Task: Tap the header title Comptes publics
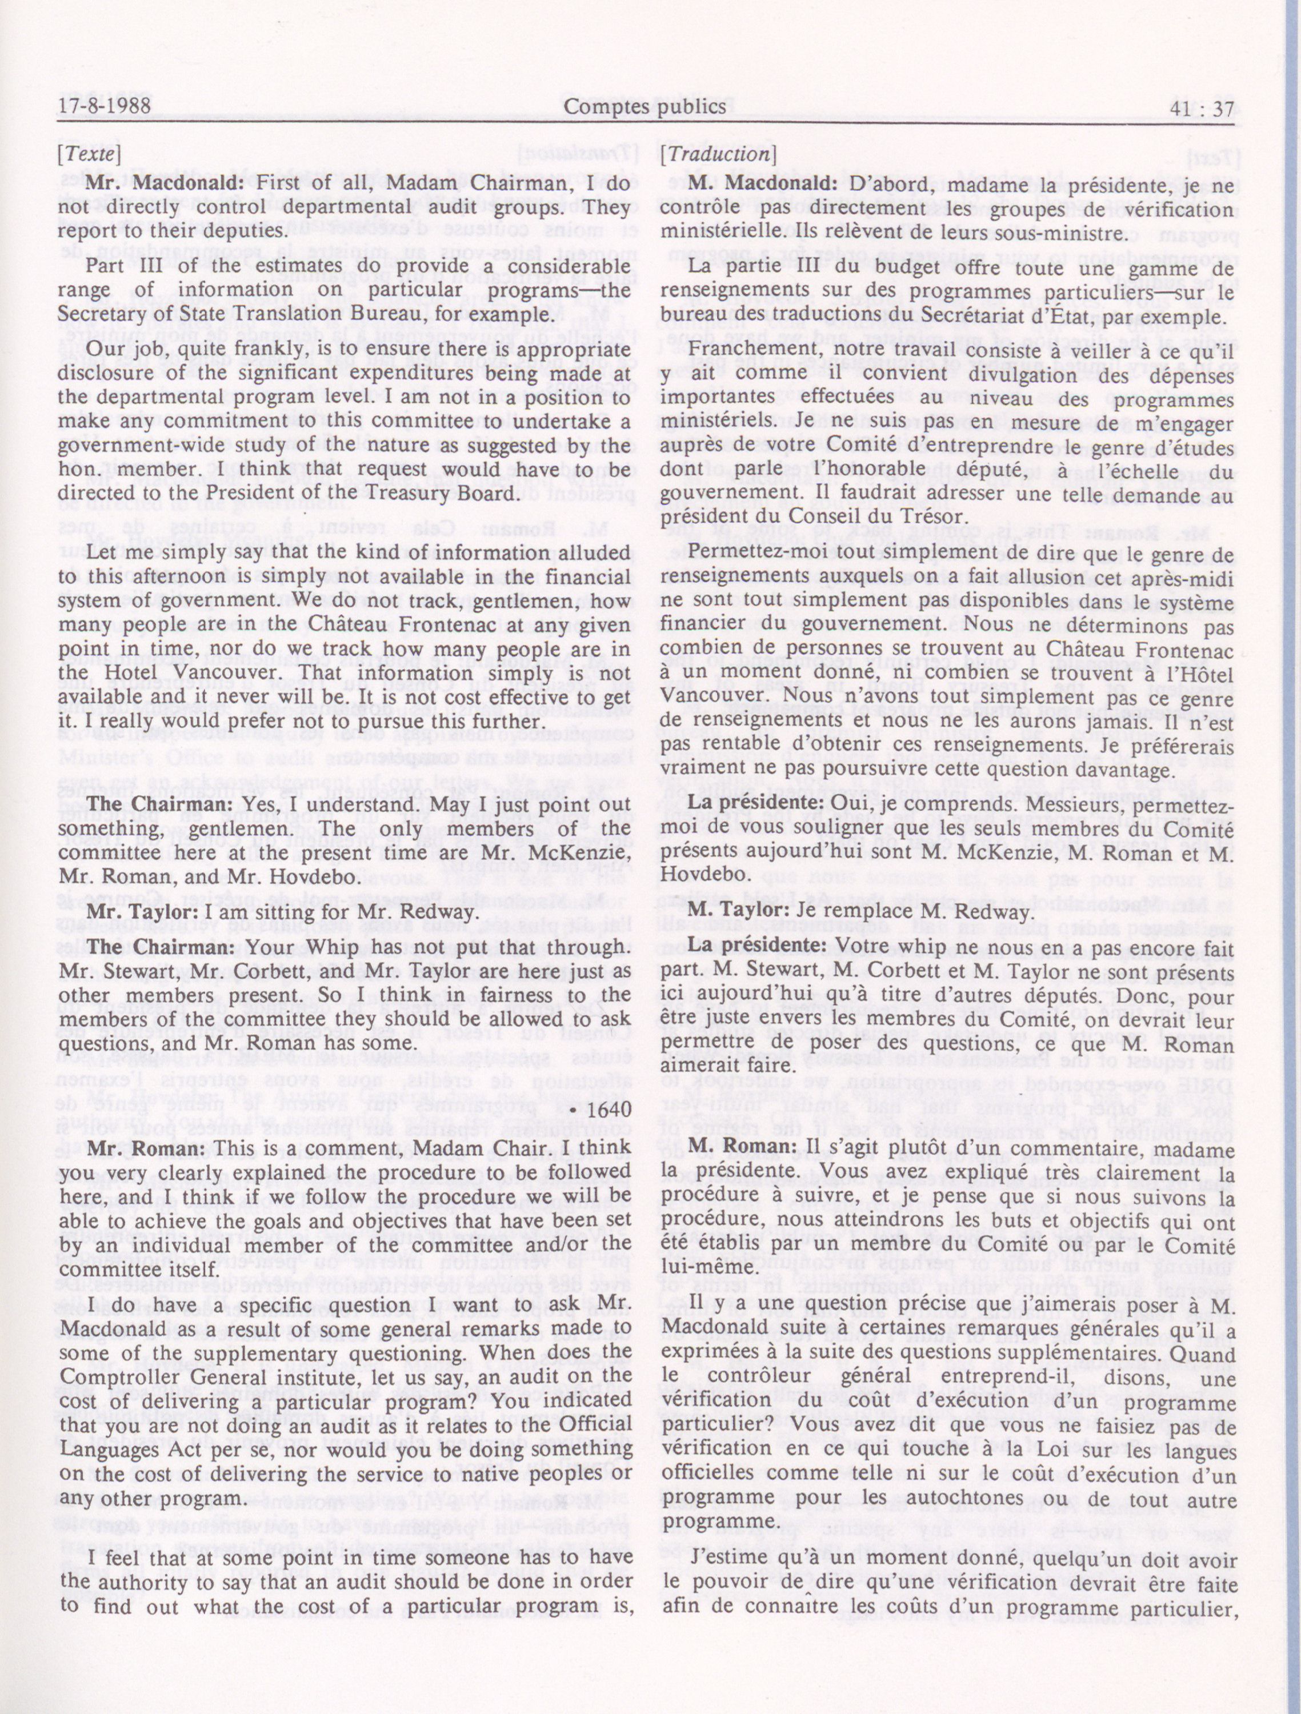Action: (x=645, y=107)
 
